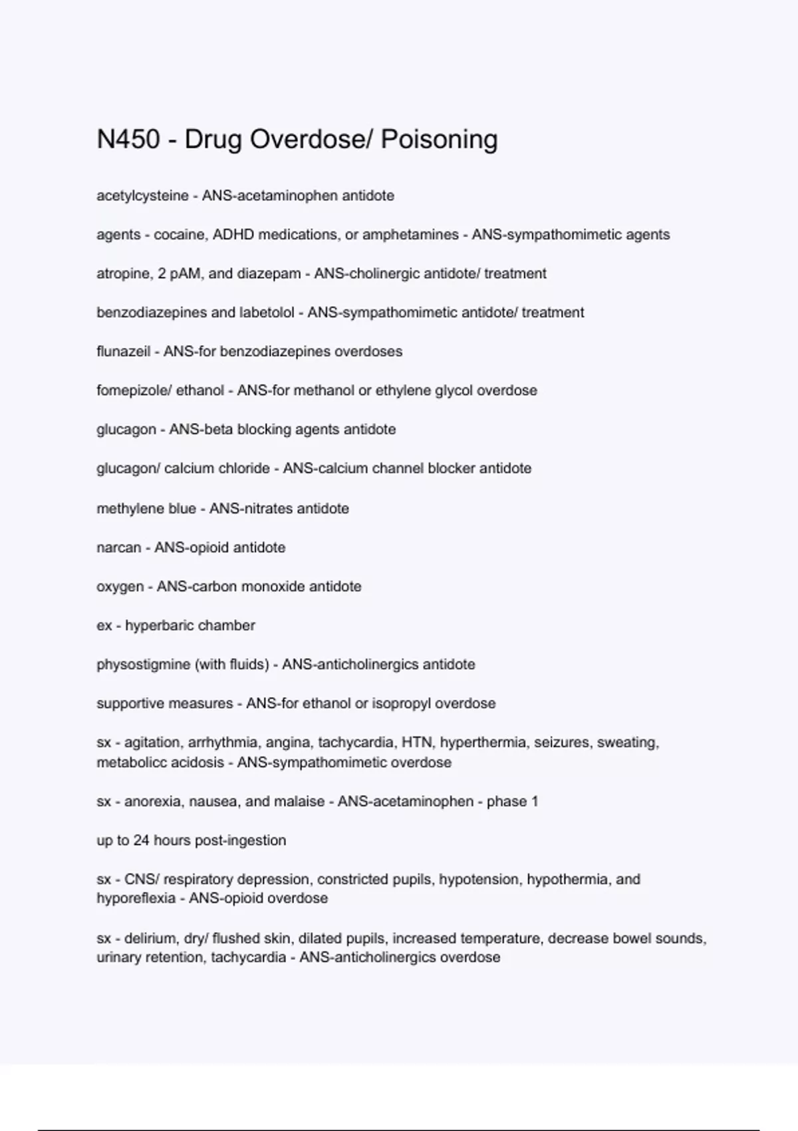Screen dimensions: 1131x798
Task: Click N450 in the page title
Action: click(x=128, y=140)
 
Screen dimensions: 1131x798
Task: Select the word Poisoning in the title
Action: click(x=439, y=140)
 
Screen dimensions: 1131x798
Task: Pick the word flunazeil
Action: click(x=123, y=351)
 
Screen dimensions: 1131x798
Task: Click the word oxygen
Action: click(x=120, y=587)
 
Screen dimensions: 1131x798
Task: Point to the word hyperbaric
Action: click(x=156, y=625)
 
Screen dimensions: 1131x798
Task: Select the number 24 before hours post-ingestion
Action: click(x=141, y=840)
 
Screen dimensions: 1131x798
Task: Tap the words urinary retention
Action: click(x=150, y=957)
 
